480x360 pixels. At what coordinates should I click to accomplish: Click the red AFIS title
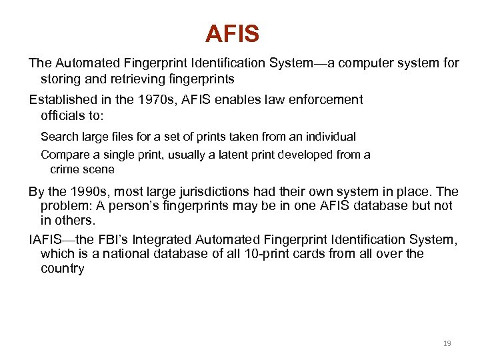pos(232,33)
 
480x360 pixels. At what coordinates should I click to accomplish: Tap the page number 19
pos(447,343)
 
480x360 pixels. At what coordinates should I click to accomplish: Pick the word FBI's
pos(120,239)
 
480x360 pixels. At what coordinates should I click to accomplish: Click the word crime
pos(65,169)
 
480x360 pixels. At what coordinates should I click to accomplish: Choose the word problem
pos(65,206)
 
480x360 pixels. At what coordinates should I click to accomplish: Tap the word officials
pos(62,115)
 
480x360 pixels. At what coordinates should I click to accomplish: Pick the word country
pos(62,269)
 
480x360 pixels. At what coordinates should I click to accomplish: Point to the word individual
pos(330,137)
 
